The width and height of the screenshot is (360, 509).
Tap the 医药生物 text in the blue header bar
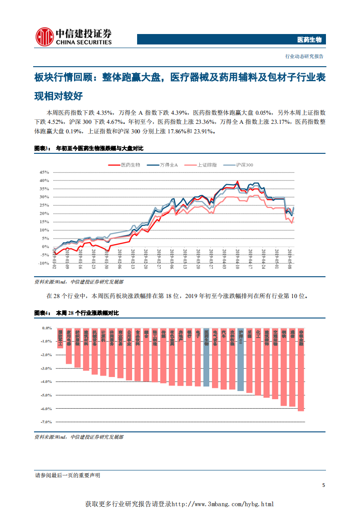point(309,40)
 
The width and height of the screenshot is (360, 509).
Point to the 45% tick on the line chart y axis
point(44,172)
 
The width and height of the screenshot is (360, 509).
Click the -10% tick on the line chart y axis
point(43,263)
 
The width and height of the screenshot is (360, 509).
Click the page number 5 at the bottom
point(323,485)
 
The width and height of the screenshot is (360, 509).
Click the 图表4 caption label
point(42,313)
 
